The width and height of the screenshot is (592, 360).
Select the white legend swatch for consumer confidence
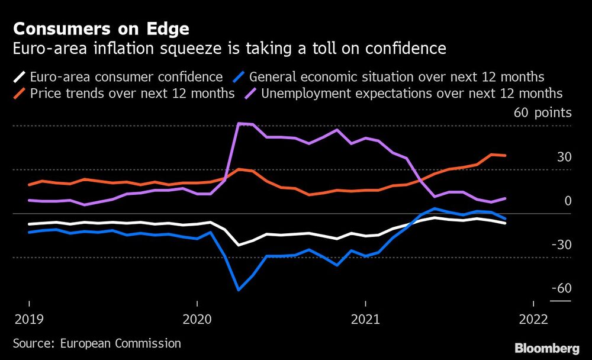(x=19, y=77)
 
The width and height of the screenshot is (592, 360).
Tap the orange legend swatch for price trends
(x=19, y=94)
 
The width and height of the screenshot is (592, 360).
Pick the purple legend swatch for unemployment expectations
(x=251, y=94)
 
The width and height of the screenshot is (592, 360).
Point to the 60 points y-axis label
(x=543, y=112)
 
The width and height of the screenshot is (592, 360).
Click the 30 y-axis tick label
(x=564, y=157)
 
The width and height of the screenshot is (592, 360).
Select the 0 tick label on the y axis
(x=568, y=201)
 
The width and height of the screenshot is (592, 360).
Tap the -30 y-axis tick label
(x=561, y=245)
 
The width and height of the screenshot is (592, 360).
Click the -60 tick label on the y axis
(x=561, y=288)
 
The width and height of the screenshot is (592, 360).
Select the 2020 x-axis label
(x=197, y=320)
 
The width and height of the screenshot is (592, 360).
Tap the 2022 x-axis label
(x=533, y=320)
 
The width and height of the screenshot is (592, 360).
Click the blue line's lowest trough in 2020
(x=239, y=290)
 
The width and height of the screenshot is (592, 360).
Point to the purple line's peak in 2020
(x=239, y=124)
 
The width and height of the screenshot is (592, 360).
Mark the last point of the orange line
(x=505, y=156)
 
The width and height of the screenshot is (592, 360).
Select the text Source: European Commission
(x=97, y=343)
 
